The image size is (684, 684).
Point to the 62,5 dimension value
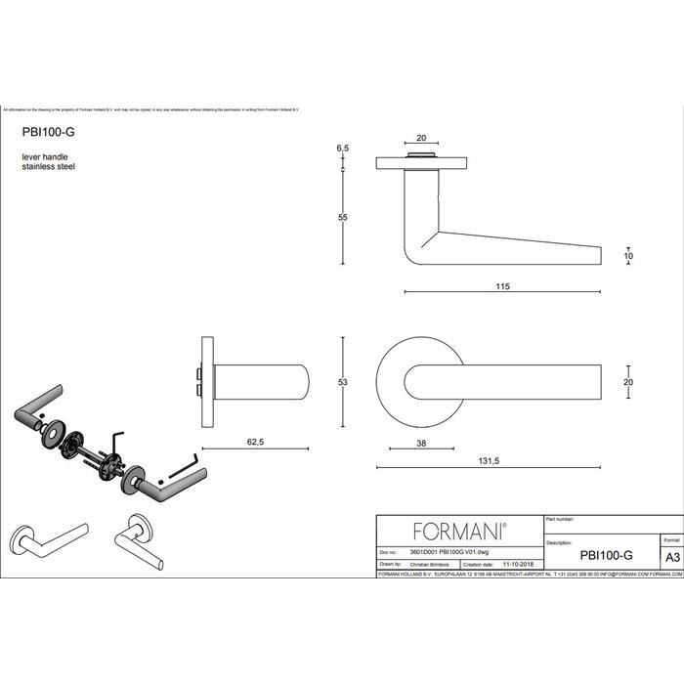click(255, 441)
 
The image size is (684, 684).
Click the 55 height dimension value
click(343, 218)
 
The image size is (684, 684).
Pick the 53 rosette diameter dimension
click(343, 383)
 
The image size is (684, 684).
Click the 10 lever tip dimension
click(629, 256)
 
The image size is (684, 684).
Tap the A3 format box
click(671, 554)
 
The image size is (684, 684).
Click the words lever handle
click(45, 157)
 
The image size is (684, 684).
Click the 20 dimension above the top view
click(421, 139)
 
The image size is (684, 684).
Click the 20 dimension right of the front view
click(629, 383)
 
